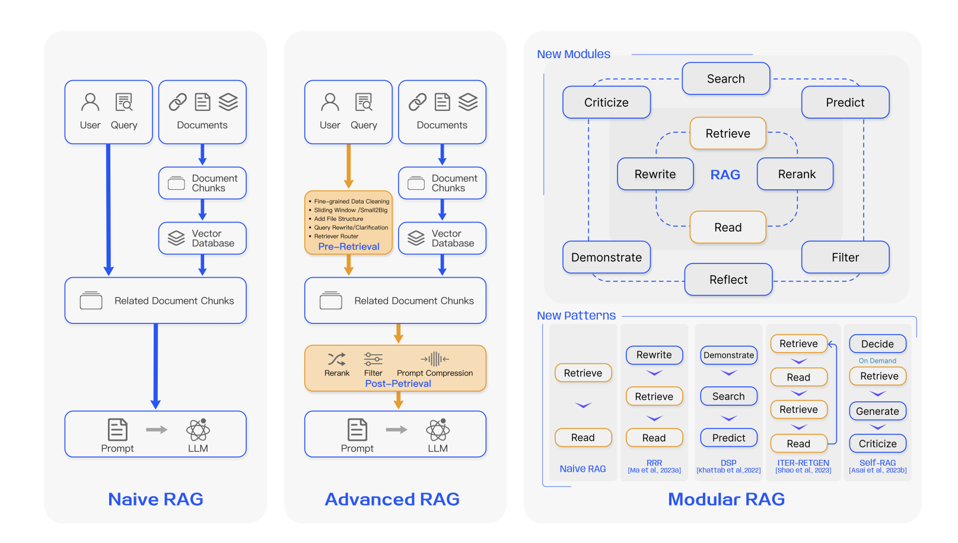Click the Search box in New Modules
[x=725, y=79]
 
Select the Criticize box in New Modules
[x=606, y=103]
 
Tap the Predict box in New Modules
[x=845, y=103]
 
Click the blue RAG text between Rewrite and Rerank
[x=725, y=174]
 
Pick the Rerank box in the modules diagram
[x=796, y=174]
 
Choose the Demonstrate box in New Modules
[x=606, y=258]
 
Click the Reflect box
[x=728, y=280]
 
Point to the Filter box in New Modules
[x=845, y=258]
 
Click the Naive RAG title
[x=155, y=499]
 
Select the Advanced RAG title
[x=392, y=499]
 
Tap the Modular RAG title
[x=726, y=499]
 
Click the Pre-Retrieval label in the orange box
[x=349, y=246]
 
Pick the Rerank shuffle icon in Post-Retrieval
[x=336, y=359]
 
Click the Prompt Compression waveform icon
[x=435, y=359]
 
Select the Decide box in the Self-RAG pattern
[x=877, y=344]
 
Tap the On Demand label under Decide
[x=877, y=361]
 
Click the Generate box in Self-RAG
[x=877, y=411]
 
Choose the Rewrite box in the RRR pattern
[x=654, y=355]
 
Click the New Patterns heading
[x=576, y=316]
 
